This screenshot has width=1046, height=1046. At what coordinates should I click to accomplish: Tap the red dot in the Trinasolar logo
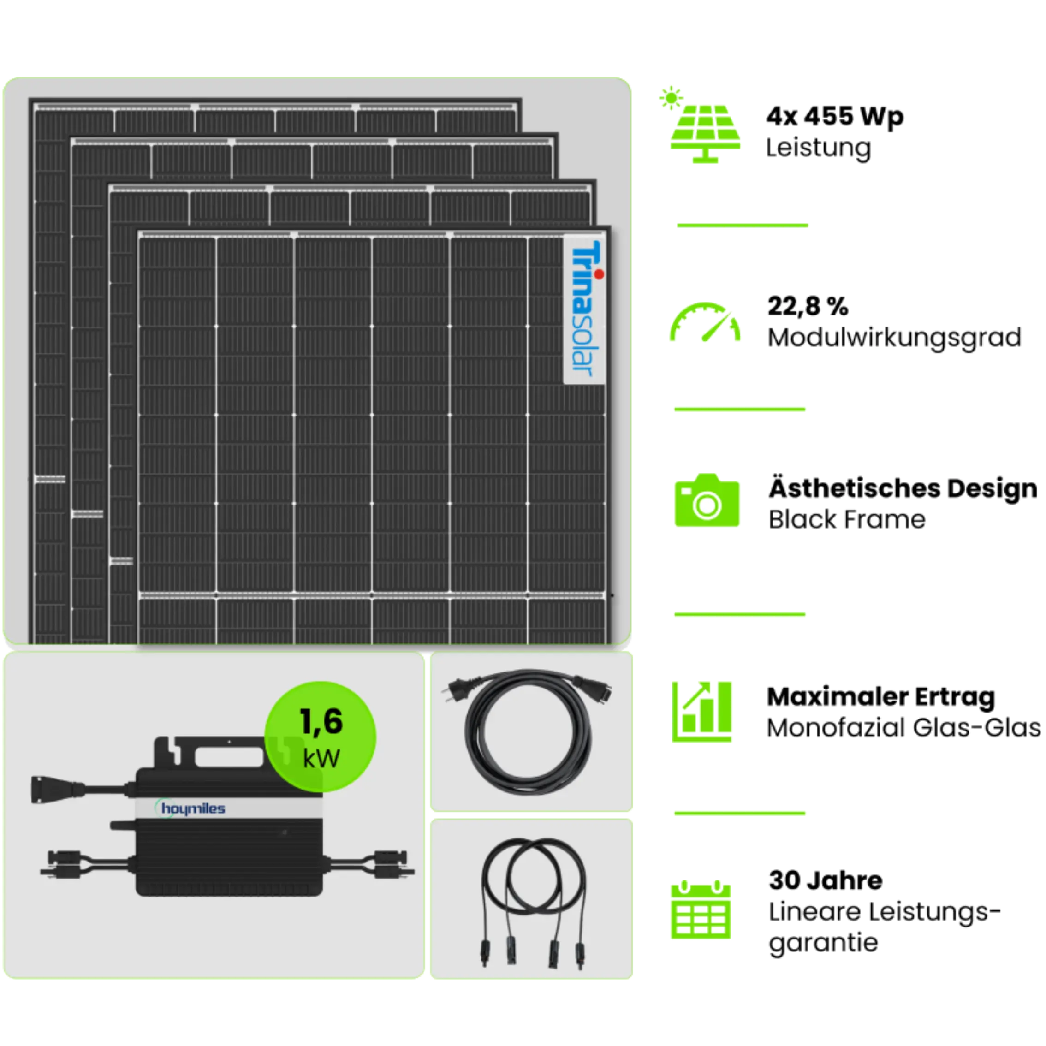pos(599,274)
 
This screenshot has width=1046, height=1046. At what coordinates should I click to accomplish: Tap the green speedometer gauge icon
pos(705,322)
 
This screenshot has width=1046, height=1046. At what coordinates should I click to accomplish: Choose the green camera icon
pos(707,500)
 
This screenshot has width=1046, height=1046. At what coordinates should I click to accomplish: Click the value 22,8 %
pos(808,306)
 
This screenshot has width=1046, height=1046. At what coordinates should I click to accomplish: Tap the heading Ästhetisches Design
pos(903,488)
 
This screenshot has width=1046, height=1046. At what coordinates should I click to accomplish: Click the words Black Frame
pos(847,519)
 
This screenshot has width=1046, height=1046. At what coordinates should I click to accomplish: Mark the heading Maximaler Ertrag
pos(881,697)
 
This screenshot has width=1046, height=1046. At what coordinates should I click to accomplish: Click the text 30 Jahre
pos(825,880)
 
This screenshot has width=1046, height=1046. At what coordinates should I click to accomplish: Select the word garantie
pos(823,944)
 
